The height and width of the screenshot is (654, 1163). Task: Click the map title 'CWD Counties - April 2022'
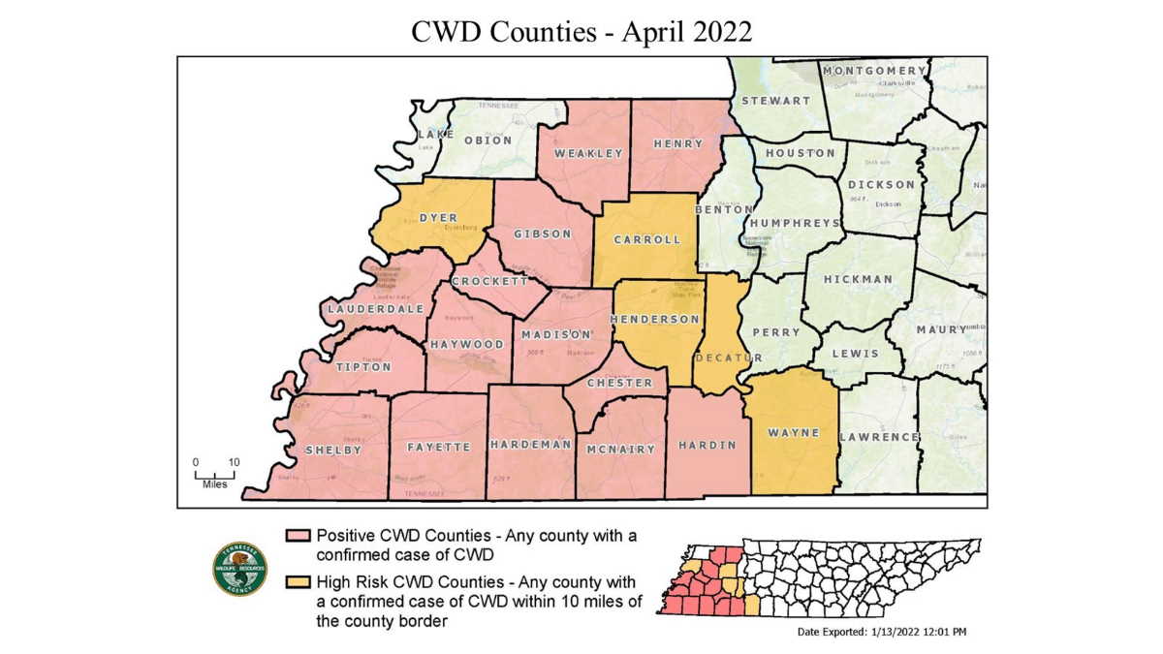581,31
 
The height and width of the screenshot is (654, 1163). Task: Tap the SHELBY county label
332,450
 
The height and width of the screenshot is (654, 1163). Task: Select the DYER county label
438,218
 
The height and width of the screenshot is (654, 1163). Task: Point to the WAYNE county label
793,432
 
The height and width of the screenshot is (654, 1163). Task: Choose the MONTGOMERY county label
873,72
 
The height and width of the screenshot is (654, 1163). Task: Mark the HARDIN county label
707,446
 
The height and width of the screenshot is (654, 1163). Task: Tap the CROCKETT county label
489,281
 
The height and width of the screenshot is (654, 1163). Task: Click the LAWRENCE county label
879,437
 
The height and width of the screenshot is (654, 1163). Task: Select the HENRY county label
678,143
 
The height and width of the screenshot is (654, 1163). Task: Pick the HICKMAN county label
858,279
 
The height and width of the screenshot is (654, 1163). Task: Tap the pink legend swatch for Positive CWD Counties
296,536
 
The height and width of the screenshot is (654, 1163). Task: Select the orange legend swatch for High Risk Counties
296,582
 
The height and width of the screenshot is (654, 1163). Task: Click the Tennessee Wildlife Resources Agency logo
239,568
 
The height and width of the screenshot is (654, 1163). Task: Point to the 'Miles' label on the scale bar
214,483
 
